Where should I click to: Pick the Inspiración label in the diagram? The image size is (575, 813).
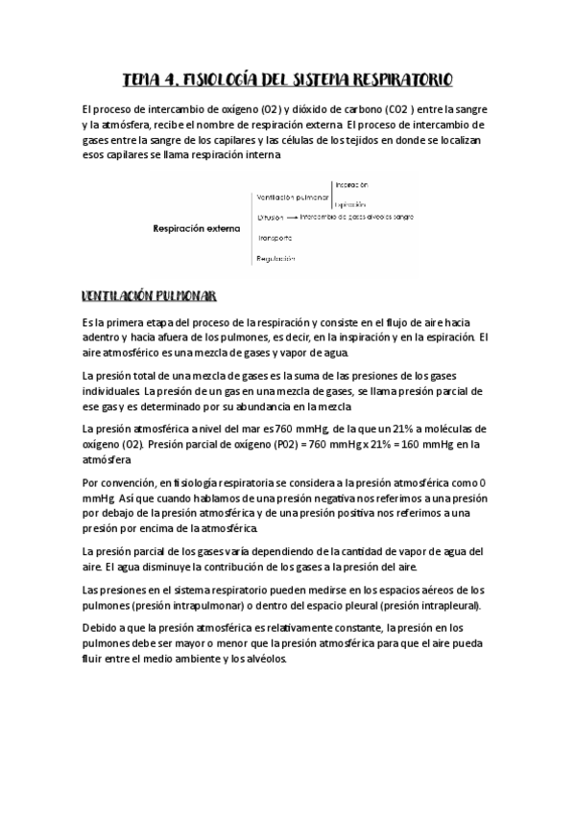(x=351, y=184)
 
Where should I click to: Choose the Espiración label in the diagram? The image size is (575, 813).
(x=351, y=204)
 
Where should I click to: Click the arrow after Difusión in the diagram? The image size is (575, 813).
(x=292, y=218)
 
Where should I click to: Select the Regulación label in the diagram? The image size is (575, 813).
(x=275, y=259)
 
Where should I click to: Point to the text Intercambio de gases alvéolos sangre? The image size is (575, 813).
(x=356, y=218)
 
